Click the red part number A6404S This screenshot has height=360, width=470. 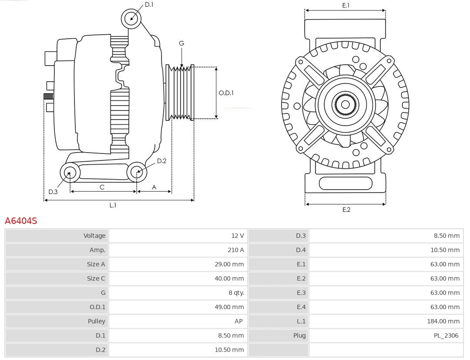21,221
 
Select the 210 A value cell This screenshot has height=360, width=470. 235,250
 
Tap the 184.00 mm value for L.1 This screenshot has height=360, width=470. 443,321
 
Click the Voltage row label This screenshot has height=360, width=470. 94,236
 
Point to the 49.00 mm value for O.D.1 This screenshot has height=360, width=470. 229,307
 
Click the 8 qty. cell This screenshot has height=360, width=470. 236,293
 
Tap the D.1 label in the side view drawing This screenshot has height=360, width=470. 149,5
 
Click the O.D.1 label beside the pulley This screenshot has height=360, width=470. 226,93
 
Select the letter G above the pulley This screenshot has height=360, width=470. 181,43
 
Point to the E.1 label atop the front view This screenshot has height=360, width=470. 346,5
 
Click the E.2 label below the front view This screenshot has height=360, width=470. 346,210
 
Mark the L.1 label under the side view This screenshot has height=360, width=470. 113,205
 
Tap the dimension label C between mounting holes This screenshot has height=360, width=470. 102,187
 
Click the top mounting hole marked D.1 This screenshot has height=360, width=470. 131,19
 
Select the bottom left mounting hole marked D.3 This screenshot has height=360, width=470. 69,173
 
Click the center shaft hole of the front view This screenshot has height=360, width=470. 345,104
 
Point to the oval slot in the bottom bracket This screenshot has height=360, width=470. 346,183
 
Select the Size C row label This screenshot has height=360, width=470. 96,278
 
